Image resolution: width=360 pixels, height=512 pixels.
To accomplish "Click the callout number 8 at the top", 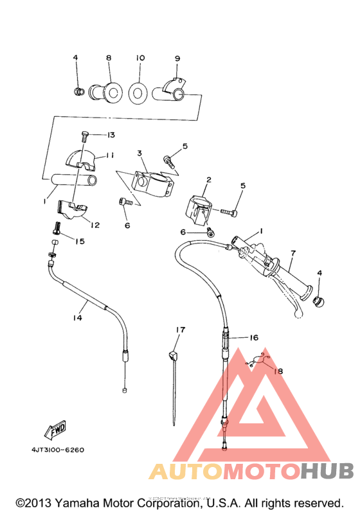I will coord(109,58).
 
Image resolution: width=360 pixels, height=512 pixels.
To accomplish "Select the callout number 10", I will coord(140,58).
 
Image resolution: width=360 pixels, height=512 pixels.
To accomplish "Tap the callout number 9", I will coord(177,58).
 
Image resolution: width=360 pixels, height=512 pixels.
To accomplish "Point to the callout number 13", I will coord(111,135).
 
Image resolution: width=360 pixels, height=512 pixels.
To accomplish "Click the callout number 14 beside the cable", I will coord(78,317).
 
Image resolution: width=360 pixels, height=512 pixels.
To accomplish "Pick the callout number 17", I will coord(181,330).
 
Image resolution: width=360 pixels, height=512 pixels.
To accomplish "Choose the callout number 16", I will coord(253,337).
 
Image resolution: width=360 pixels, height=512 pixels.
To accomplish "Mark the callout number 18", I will coord(277,371).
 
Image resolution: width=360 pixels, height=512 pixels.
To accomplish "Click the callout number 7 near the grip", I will coord(292,253).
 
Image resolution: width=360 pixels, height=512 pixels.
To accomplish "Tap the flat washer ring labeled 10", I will coord(136,93).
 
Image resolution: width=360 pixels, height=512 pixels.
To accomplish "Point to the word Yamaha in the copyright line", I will coord(76,502).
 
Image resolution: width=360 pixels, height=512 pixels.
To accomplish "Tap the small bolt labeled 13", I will coord(85,136).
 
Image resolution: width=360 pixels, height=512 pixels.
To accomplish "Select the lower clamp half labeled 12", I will coord(73,209).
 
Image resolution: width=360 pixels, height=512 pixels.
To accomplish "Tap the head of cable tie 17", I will coord(173,354).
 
